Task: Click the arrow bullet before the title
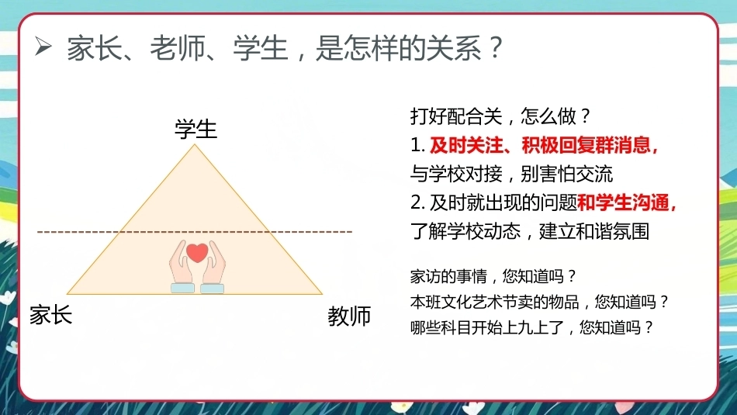tap(43, 47)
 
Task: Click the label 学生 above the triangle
tap(195, 130)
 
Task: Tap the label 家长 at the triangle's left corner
tap(50, 314)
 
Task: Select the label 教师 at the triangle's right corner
tap(349, 316)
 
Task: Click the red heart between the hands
tap(197, 253)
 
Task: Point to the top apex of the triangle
tap(195, 144)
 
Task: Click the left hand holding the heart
tap(182, 266)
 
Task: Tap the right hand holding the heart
tap(213, 266)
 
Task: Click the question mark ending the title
tap(496, 47)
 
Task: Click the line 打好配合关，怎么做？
tap(500, 116)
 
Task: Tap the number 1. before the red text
tap(417, 146)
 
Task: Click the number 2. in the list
tap(417, 203)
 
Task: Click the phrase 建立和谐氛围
tap(594, 231)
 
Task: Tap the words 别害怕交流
tap(567, 174)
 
